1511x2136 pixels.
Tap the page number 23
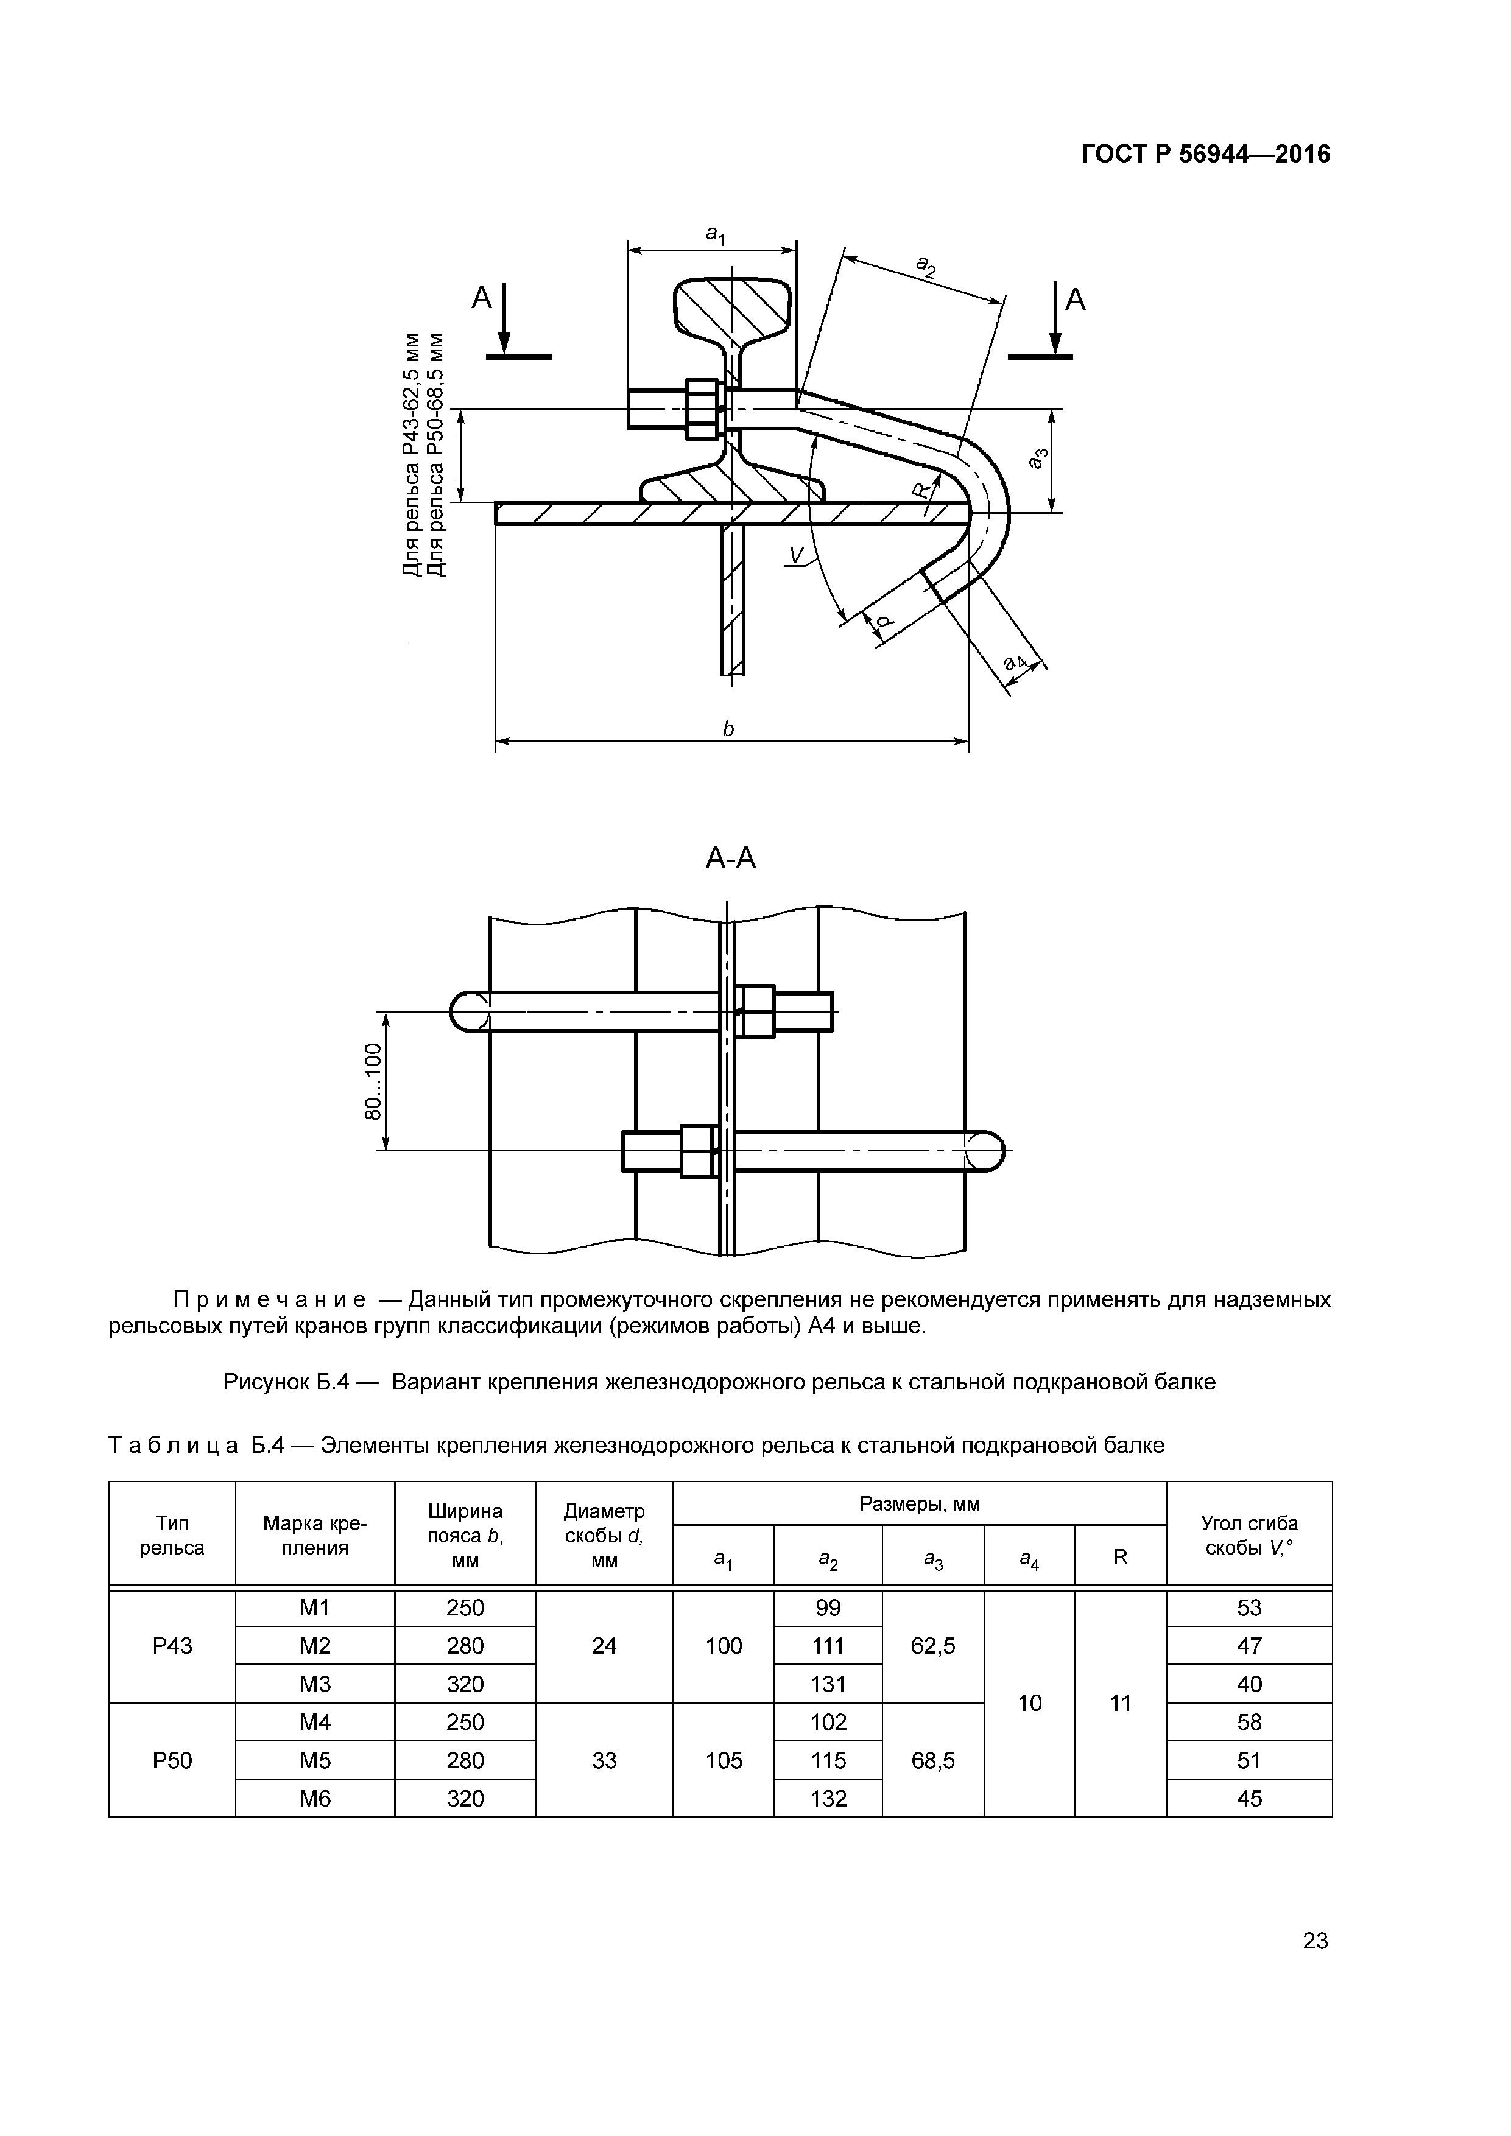point(1315,1940)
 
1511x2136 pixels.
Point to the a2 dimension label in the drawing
point(926,268)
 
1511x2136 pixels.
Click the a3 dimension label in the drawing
point(1039,458)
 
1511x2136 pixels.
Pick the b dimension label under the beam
point(728,729)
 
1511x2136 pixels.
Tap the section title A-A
point(730,858)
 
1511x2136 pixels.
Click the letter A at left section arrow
point(481,298)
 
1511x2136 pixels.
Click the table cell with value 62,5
point(932,1646)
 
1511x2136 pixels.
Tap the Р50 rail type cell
point(172,1760)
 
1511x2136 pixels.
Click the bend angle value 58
point(1249,1722)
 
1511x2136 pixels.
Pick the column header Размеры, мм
point(919,1503)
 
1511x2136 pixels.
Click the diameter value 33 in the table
point(604,1760)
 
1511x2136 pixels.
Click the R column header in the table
point(1120,1556)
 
